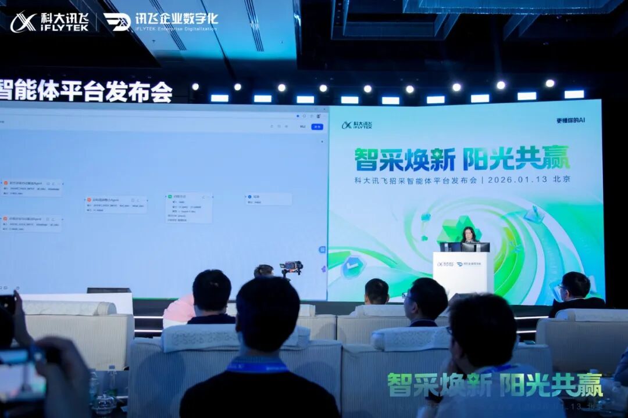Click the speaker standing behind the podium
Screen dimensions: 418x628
[x=469, y=235]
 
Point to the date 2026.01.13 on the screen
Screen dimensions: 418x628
[x=518, y=179]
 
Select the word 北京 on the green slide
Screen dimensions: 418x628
[x=562, y=179]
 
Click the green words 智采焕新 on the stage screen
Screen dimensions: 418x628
[x=405, y=158]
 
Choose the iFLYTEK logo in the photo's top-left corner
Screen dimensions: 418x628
[x=49, y=22]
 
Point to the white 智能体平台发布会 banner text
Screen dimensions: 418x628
[x=86, y=91]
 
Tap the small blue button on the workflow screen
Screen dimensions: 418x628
[x=317, y=127]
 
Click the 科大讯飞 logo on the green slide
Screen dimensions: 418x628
[x=357, y=125]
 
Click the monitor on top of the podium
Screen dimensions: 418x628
[x=474, y=247]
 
